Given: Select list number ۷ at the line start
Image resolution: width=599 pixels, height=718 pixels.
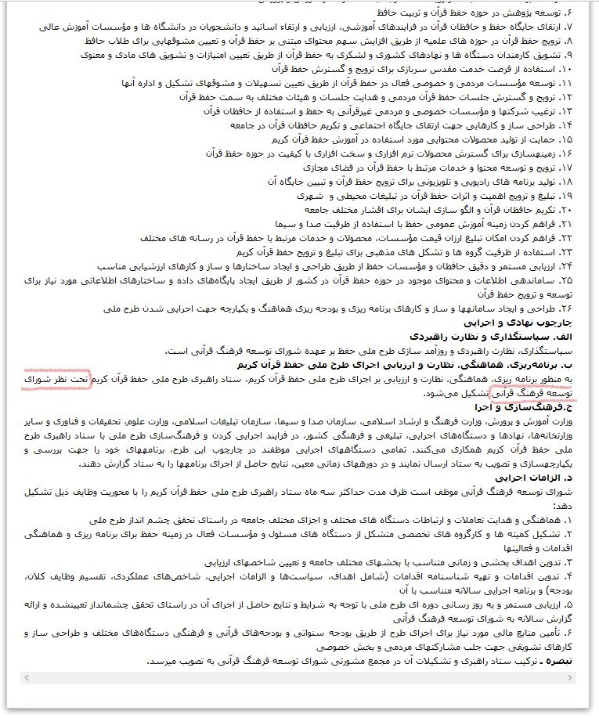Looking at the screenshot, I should point(572,27).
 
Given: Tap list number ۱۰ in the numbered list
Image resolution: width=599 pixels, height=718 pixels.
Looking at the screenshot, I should point(569,70).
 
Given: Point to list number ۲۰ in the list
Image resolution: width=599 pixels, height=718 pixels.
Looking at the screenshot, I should point(569,210).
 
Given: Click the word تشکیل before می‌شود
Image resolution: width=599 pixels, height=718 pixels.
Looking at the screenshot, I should point(471,393).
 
